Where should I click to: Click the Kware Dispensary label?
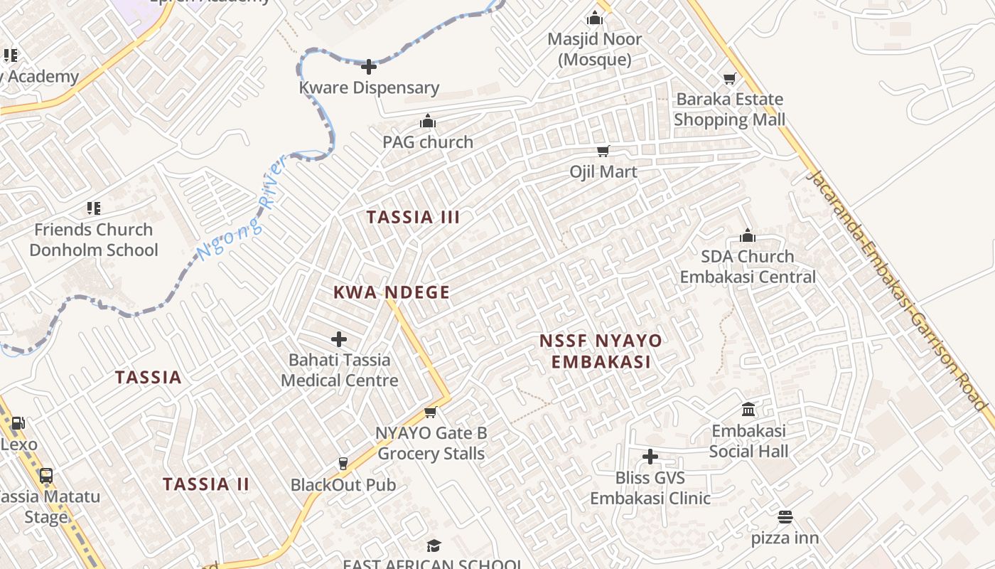[369, 88]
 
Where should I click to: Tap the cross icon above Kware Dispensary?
[369, 68]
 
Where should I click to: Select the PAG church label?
[428, 142]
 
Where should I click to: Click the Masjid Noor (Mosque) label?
[594, 49]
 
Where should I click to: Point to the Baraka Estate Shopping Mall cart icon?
[729, 78]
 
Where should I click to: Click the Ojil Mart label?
[603, 172]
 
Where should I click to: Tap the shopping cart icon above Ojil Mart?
[603, 151]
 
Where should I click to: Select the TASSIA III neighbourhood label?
[413, 218]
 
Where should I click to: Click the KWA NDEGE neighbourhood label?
[392, 292]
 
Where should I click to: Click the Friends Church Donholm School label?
[94, 240]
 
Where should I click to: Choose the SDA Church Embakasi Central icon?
[748, 235]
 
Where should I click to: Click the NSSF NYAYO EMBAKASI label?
[601, 351]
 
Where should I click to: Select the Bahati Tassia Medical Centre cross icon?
[339, 339]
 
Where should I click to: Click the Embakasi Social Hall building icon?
[748, 410]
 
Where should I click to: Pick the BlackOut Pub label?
[343, 485]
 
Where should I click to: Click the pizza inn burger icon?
[785, 517]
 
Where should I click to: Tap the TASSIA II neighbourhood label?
[206, 485]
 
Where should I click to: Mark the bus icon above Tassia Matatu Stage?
[46, 476]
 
